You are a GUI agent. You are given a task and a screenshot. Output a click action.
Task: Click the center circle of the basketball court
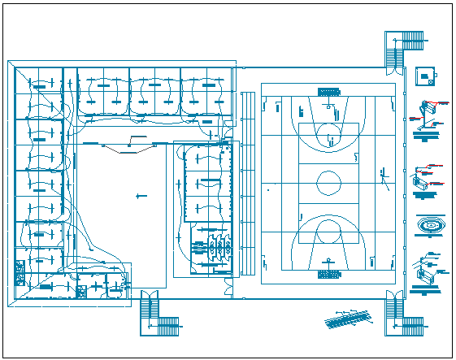pyautogui.click(x=328, y=182)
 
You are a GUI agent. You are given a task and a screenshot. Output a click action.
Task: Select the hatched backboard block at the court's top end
pyautogui.click(x=328, y=91)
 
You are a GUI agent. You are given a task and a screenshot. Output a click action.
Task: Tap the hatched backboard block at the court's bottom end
pyautogui.click(x=328, y=274)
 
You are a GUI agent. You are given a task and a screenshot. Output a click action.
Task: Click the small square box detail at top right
pyautogui.click(x=424, y=76)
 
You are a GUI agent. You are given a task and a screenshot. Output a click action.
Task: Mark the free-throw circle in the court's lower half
pyautogui.click(x=329, y=231)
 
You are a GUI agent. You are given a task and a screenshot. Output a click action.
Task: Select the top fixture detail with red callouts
pyautogui.click(x=430, y=115)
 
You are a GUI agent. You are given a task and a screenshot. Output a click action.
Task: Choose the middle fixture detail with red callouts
pyautogui.click(x=427, y=178)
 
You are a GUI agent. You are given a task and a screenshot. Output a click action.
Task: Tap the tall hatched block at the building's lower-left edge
pyautogui.click(x=19, y=271)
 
